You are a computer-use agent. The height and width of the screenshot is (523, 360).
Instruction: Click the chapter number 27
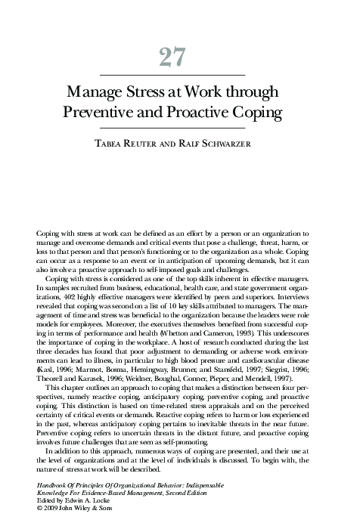point(180,57)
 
